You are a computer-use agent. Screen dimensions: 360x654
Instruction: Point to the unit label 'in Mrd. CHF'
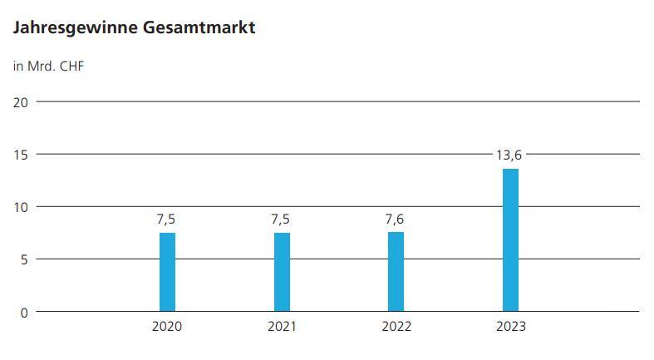click(48, 66)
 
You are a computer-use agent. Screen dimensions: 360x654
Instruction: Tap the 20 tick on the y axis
click(21, 102)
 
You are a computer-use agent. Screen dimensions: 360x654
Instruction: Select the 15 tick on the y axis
click(21, 155)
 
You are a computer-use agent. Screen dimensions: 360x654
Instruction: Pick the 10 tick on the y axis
click(21, 207)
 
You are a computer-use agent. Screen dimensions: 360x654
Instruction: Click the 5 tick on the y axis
click(25, 259)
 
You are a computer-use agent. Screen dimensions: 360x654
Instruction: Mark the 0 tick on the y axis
click(25, 312)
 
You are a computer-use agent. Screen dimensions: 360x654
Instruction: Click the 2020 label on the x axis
click(167, 327)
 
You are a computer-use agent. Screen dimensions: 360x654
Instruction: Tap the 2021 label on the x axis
click(282, 327)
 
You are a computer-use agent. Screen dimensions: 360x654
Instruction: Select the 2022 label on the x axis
click(396, 327)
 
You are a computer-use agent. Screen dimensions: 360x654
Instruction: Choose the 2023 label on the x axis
click(510, 327)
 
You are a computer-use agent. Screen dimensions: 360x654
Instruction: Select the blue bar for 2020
click(167, 272)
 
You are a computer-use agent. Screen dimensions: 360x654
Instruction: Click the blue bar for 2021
click(282, 272)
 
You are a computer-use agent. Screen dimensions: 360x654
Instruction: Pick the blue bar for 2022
click(396, 272)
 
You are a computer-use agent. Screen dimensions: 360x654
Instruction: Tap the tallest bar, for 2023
click(510, 240)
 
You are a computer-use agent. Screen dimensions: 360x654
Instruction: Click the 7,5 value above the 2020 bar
click(167, 220)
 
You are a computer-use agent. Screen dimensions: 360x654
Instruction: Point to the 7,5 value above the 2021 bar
click(282, 220)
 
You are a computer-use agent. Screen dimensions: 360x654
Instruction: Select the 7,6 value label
click(396, 220)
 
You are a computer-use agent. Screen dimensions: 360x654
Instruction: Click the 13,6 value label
click(510, 155)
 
